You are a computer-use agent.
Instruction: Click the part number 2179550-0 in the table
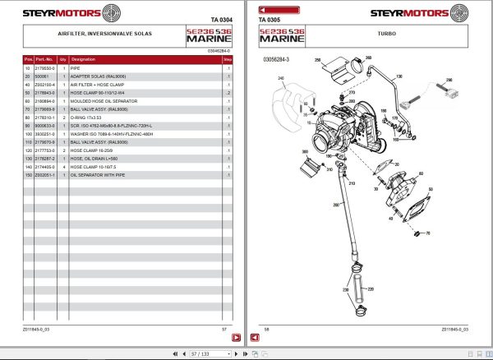(x=44, y=70)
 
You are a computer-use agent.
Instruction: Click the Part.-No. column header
(x=44, y=60)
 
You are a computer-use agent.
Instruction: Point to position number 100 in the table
(x=28, y=133)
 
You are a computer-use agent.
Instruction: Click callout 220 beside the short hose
(x=370, y=289)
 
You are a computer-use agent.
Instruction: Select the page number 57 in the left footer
(x=224, y=330)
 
